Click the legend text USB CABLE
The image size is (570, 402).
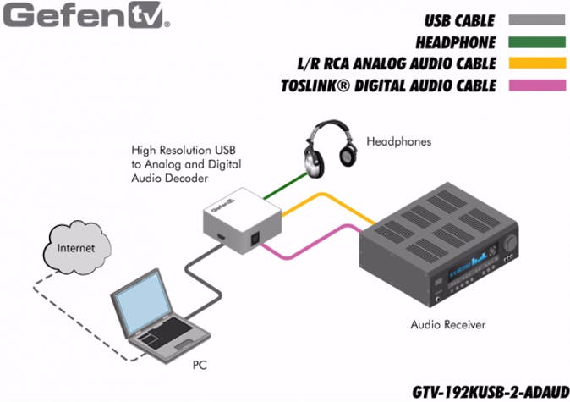tap(461, 19)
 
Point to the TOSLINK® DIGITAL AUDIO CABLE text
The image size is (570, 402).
tap(390, 85)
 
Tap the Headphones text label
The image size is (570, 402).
tap(398, 141)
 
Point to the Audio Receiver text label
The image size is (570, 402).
tap(448, 324)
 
